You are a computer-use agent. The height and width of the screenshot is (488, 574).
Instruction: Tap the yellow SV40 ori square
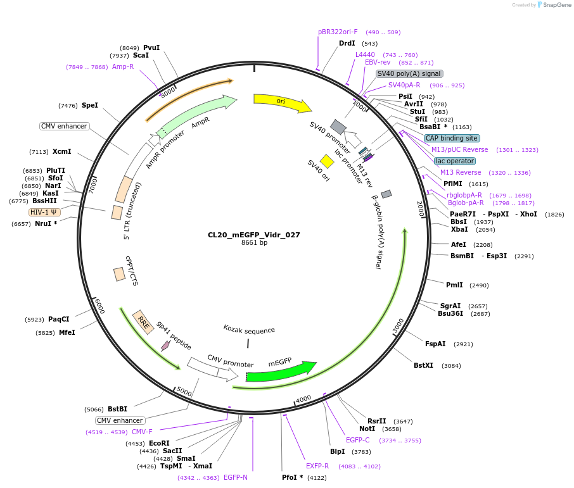point(327,161)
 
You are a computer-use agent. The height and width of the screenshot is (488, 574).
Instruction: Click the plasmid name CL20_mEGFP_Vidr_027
point(254,235)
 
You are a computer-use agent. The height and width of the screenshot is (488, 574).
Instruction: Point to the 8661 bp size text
point(254,243)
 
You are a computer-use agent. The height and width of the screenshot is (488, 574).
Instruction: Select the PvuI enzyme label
point(151,47)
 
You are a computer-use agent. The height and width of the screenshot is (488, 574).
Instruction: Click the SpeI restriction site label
point(90,105)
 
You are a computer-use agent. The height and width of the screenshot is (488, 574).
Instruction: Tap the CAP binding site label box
point(452,138)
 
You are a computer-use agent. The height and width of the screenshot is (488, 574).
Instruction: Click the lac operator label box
point(455,161)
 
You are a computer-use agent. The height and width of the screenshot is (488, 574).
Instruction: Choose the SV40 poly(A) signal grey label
point(409,73)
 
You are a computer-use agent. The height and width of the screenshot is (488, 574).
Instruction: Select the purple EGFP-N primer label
point(235,477)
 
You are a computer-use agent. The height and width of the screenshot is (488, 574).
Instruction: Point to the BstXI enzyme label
point(423,365)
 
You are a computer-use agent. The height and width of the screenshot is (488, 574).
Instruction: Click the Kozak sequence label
point(249,330)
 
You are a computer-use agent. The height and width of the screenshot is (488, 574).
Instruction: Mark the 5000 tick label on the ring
point(184,391)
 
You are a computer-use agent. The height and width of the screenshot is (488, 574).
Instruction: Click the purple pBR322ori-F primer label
point(338,32)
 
